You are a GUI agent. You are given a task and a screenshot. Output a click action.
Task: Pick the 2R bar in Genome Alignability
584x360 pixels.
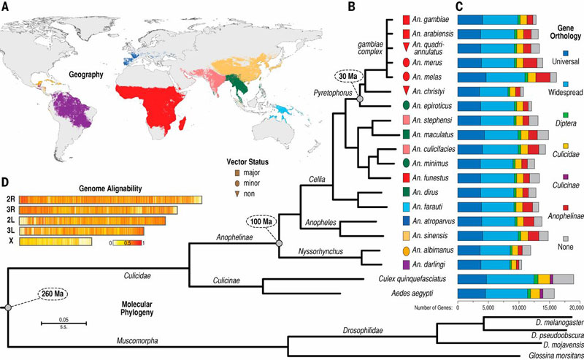pos(109,199)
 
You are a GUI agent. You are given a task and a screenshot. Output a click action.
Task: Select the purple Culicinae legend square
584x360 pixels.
pos(567,177)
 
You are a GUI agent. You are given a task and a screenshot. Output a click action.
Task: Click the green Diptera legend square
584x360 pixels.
pos(567,115)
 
